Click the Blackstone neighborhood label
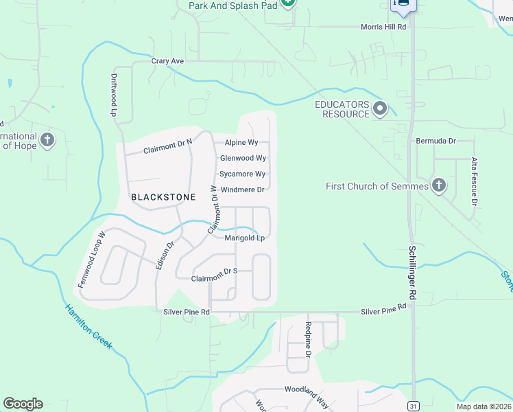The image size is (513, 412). pos(163,197)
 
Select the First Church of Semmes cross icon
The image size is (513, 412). pos(439,185)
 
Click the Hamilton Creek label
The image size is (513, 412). pos(88,328)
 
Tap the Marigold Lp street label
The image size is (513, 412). pos(245,238)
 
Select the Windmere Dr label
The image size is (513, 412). pos(242,190)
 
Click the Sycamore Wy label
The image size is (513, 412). pos(242,174)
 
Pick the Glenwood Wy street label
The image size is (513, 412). pos(243,158)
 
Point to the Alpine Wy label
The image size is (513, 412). pos(241,143)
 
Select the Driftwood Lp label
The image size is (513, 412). pos(114,94)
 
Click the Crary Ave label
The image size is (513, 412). pos(168,62)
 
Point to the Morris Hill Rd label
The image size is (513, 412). pos(384,27)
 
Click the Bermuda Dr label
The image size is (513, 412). pos(436,141)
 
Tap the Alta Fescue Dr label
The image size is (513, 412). pos(473,181)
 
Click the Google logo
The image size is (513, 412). pos(23,404)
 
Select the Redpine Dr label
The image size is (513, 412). pos(309,340)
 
